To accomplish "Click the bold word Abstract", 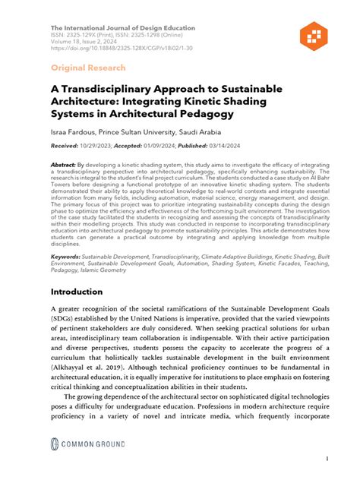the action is pyautogui.click(x=64, y=164).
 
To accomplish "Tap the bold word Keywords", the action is pyautogui.click(x=66, y=257).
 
